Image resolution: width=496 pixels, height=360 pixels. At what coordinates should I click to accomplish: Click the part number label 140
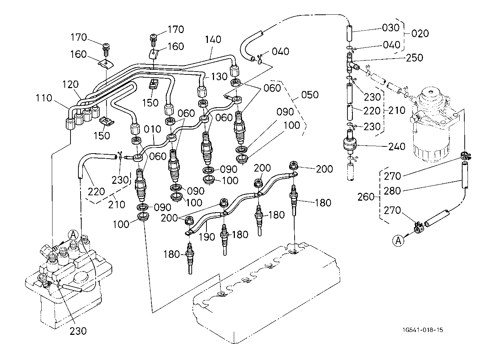(x=213, y=40)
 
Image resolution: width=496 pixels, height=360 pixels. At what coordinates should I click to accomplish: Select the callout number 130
(x=219, y=77)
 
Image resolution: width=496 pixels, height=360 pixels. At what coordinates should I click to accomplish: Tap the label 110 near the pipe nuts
(x=44, y=98)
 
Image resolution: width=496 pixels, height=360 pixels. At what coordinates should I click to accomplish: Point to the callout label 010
(x=153, y=129)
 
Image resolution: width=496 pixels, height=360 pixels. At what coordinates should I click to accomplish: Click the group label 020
(x=420, y=33)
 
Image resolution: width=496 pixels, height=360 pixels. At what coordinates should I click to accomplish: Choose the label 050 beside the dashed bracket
(x=310, y=95)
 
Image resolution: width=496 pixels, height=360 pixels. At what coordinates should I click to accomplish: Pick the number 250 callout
(x=414, y=58)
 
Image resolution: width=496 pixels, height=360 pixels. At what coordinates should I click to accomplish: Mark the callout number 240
(x=397, y=146)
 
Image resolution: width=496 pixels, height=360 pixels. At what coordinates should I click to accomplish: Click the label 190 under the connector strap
(x=207, y=237)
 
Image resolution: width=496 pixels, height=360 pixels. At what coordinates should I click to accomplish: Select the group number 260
(x=366, y=197)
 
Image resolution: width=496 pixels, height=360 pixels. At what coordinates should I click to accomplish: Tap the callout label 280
(x=392, y=191)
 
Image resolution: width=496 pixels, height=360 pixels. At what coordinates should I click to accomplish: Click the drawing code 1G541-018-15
(x=423, y=330)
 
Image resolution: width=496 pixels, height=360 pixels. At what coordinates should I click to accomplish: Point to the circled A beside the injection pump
(x=73, y=235)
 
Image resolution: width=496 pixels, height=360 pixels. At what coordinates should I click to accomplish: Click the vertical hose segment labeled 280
(x=464, y=175)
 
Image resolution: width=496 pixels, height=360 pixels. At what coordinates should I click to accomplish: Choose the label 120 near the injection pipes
(x=70, y=85)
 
